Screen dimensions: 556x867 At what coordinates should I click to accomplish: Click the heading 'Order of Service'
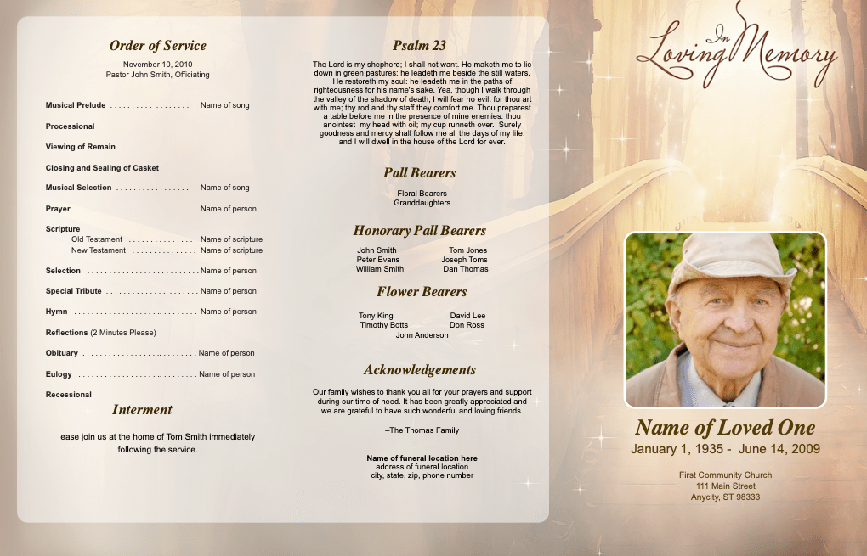pos(157,46)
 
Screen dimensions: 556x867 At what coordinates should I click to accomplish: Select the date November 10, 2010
pos(157,65)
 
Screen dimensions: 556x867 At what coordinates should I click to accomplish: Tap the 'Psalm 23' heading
pos(419,46)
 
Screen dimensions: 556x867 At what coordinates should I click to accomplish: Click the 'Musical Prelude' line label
pos(76,105)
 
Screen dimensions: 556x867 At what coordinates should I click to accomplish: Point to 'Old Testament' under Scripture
pos(97,239)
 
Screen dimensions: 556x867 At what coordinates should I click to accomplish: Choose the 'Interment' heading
pos(142,410)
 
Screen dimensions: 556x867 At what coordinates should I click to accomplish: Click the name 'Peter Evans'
pos(377,260)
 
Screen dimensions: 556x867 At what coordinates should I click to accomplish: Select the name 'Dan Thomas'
pos(466,269)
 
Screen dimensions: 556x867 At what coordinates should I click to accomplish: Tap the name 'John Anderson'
pos(422,335)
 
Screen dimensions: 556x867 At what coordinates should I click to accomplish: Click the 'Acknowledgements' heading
pos(420,370)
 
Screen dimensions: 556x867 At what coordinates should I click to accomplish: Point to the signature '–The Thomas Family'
pos(422,430)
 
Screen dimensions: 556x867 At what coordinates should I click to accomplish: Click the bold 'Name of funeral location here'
pos(422,458)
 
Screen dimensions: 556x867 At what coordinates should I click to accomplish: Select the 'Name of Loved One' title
pos(725,428)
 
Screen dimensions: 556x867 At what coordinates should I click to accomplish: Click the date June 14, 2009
pos(779,449)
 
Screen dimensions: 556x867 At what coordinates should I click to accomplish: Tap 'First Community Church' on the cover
pos(725,475)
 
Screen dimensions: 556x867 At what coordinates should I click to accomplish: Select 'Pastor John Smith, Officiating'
pos(157,75)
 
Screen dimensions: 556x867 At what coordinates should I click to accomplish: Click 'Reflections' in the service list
pos(67,333)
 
